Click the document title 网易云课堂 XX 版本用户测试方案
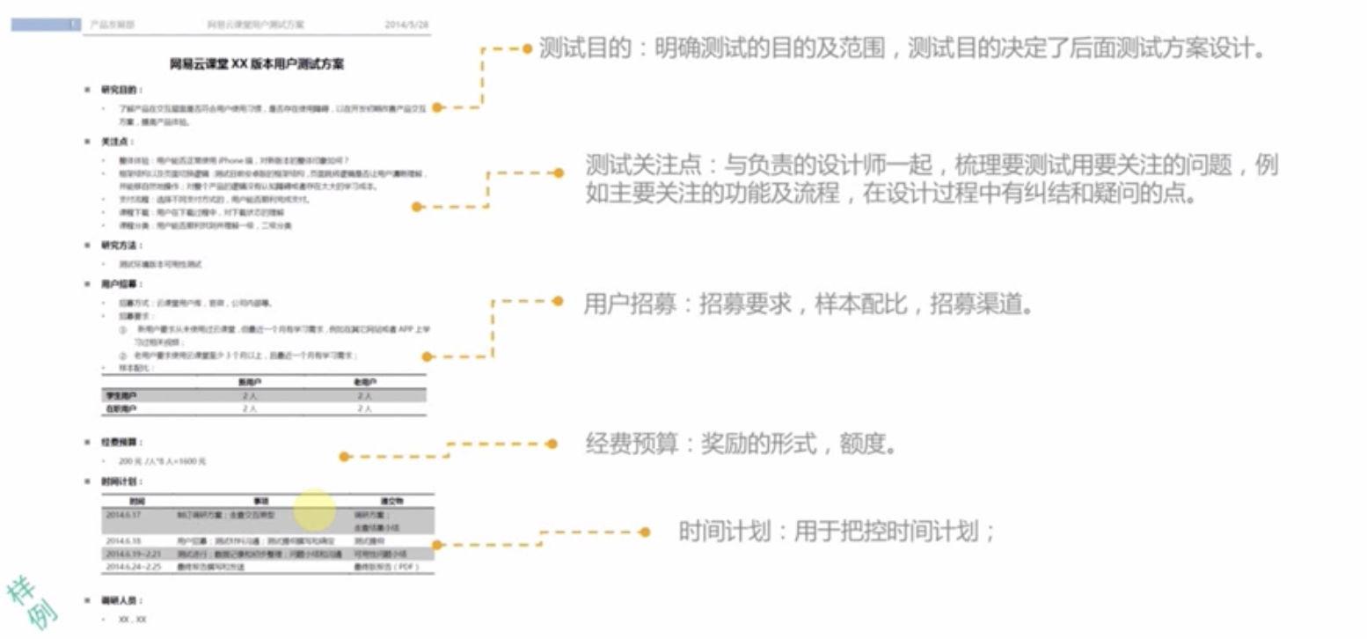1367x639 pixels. coord(257,64)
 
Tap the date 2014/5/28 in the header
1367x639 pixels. coord(406,25)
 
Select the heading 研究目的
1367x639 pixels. coord(121,90)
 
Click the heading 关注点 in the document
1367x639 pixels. coord(117,141)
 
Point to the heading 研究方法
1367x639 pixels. coord(121,246)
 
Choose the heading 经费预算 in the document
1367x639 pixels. coord(121,442)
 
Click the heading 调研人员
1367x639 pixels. coord(121,600)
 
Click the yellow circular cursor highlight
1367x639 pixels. coord(314,509)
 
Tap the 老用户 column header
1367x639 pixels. coord(364,382)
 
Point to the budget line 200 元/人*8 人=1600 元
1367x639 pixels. coord(156,461)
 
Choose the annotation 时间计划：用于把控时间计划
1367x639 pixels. coord(837,532)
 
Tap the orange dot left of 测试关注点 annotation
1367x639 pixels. coord(558,173)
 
